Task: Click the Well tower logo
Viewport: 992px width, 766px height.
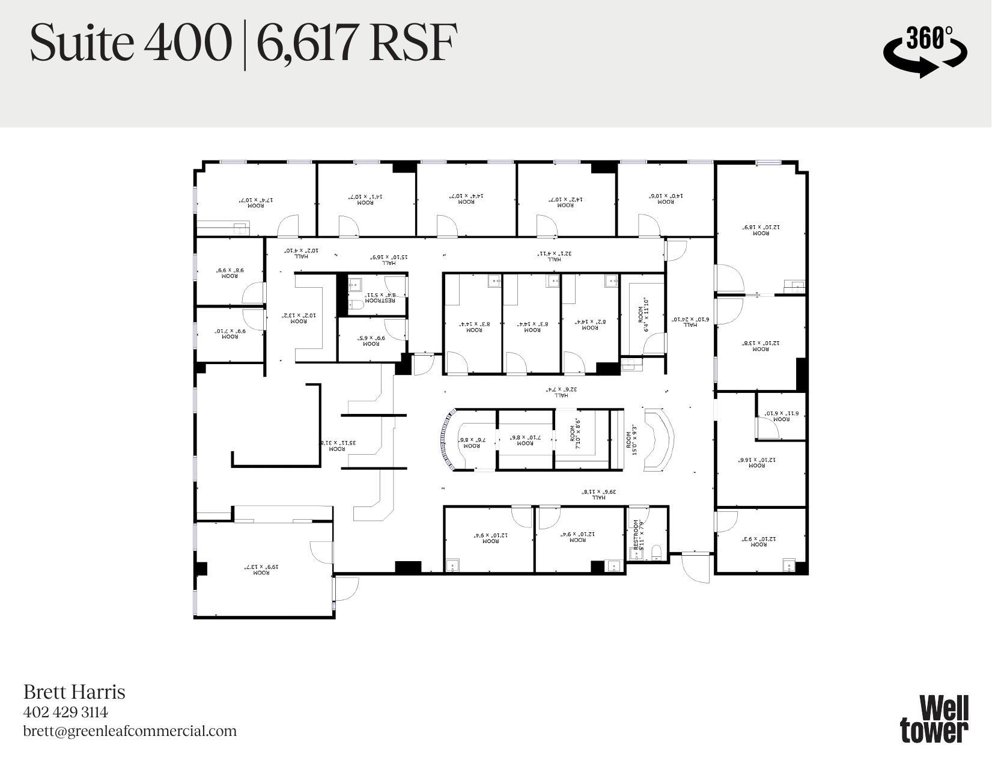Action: tap(934, 719)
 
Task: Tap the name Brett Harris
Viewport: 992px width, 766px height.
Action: tap(74, 692)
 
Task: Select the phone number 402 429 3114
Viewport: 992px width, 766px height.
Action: tap(65, 712)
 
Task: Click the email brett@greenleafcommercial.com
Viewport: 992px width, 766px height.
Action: tap(130, 731)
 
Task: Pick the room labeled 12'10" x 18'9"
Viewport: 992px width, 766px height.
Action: tap(761, 229)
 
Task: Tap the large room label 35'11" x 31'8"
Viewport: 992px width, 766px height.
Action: tap(337, 445)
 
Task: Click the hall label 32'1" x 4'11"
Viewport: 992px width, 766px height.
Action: tap(554, 256)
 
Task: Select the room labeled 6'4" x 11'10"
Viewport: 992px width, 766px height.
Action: tap(643, 314)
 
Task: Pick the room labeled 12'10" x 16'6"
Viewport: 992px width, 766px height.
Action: tap(761, 462)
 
